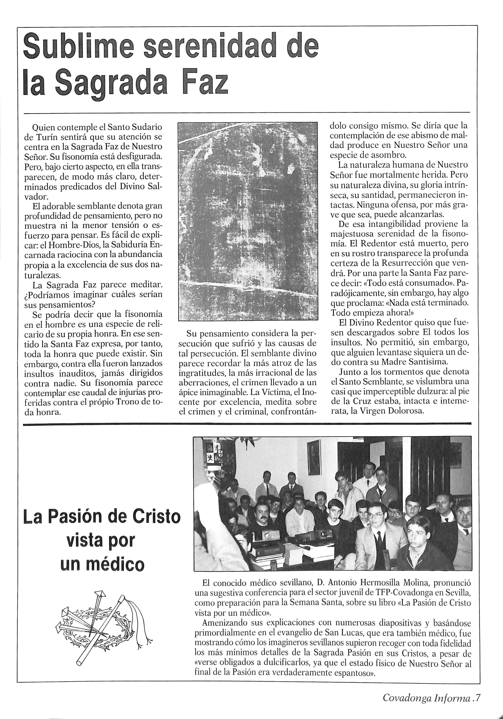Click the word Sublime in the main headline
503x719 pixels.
[78, 46]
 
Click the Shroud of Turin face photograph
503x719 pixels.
[247, 221]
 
